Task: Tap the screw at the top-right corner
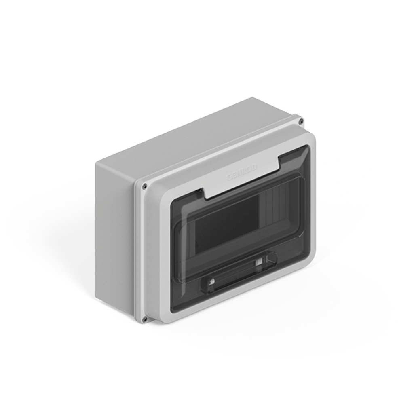(300, 121)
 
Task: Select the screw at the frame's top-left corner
(144, 186)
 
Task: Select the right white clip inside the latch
(258, 263)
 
